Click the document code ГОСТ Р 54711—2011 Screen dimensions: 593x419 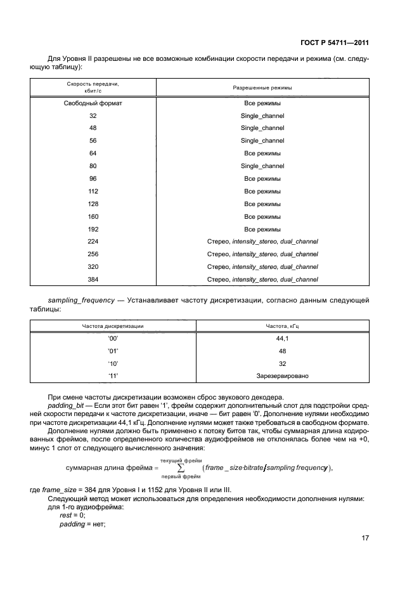(x=335, y=44)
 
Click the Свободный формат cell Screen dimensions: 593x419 (x=93, y=103)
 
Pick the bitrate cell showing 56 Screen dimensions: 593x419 (x=93, y=141)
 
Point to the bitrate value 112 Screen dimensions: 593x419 (x=93, y=191)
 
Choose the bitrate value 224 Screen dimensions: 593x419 (x=93, y=242)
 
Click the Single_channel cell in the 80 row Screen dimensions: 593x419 (x=262, y=166)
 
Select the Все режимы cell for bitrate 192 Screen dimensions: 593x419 (x=262, y=229)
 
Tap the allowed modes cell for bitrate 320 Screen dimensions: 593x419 (x=262, y=267)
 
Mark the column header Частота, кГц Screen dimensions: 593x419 (x=282, y=326)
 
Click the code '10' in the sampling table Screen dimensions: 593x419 (x=113, y=364)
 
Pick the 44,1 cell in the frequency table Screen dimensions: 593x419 (x=282, y=339)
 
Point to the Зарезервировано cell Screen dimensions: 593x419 (x=282, y=377)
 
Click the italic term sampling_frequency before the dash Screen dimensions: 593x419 (x=80, y=299)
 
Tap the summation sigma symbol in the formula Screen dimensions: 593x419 (x=181, y=468)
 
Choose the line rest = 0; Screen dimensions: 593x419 (x=72, y=515)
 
